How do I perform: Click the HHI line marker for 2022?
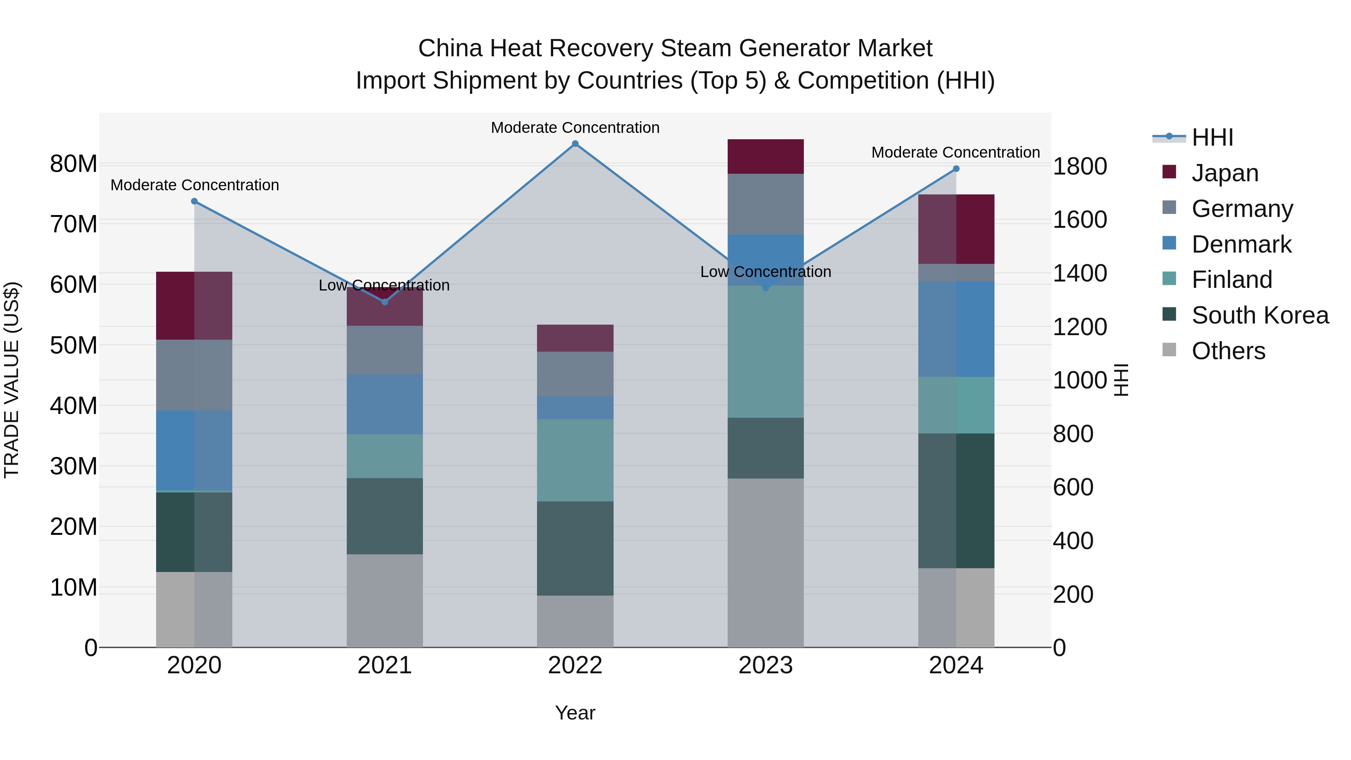pos(575,144)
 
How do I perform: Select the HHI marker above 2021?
pos(384,302)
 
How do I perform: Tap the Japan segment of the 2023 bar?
pos(765,156)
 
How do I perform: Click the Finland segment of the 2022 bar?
pos(575,460)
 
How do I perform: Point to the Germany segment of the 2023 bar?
pos(765,204)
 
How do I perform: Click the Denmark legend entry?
pos(1241,244)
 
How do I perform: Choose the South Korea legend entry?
pos(1260,315)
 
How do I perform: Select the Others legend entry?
pos(1228,351)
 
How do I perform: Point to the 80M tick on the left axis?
pos(74,164)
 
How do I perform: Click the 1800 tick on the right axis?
pos(1080,167)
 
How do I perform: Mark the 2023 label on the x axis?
pos(765,665)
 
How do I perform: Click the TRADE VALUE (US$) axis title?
pos(12,380)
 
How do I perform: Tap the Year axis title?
pos(575,713)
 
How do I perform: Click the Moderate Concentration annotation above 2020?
pos(194,185)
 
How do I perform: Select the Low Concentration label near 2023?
pos(765,272)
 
